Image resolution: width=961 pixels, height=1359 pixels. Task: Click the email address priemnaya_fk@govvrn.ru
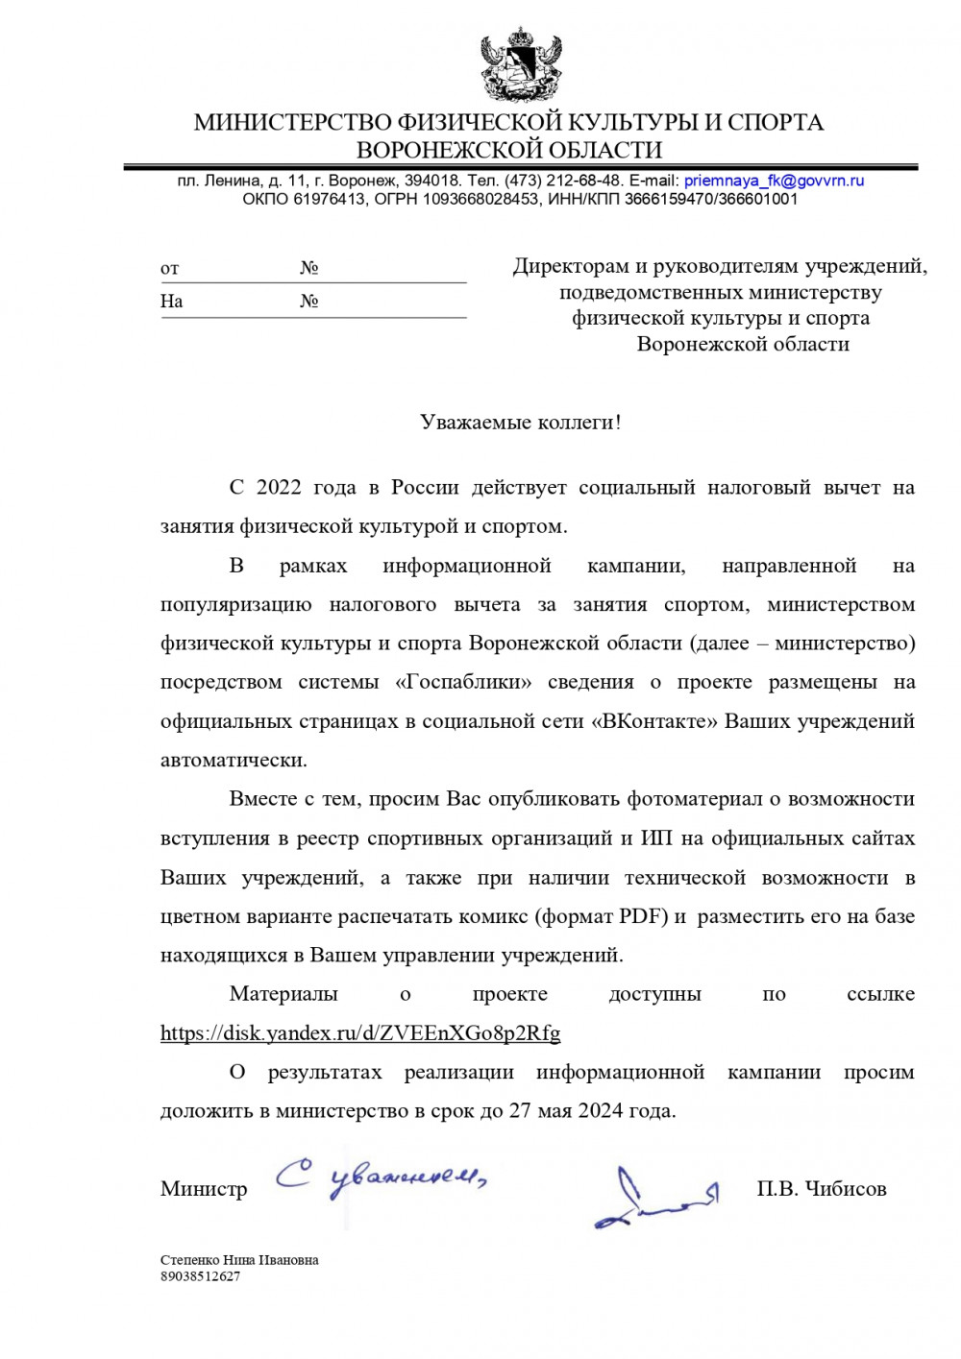tap(774, 181)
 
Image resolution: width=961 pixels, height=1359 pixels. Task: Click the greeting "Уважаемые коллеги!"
tap(520, 423)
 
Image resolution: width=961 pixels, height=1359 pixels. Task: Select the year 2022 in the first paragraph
tap(279, 488)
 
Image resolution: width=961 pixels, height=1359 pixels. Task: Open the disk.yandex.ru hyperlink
tap(360, 1033)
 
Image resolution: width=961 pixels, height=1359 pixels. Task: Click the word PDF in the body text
tap(643, 916)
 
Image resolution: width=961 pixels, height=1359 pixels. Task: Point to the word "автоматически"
tap(234, 761)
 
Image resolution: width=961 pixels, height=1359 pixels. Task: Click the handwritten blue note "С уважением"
tap(380, 1177)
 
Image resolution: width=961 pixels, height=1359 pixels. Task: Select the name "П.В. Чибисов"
tap(821, 1189)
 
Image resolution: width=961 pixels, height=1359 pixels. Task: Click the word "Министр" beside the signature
tap(204, 1189)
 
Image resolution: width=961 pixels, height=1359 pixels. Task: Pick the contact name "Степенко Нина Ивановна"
tap(239, 1260)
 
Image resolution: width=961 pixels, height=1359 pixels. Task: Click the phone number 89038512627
tap(200, 1276)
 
